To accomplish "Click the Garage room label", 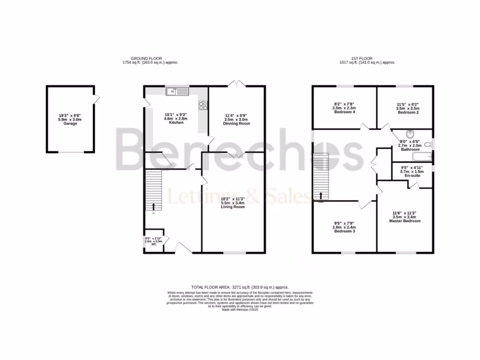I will pyautogui.click(x=70, y=124).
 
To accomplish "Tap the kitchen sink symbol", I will pyautogui.click(x=178, y=91).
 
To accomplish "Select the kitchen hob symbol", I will pyautogui.click(x=204, y=105).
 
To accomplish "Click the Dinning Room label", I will pyautogui.click(x=237, y=123).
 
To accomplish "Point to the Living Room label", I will pyautogui.click(x=233, y=207).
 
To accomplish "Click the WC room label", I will pyautogui.click(x=154, y=244).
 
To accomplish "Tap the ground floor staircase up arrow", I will pyautogui.click(x=153, y=206).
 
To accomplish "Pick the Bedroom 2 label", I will pyautogui.click(x=407, y=112).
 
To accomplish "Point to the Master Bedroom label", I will pyautogui.click(x=405, y=221).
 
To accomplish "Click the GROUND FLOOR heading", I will pyautogui.click(x=146, y=59).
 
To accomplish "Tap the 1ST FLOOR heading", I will pyautogui.click(x=367, y=59).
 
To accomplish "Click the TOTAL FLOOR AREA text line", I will pyautogui.click(x=240, y=287).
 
